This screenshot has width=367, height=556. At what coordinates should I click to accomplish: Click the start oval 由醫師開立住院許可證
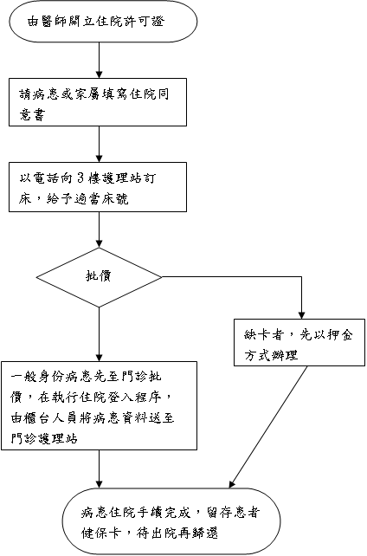coord(103,22)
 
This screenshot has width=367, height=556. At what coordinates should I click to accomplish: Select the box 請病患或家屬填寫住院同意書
coord(98,102)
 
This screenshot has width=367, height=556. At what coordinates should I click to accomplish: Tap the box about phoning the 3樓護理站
coord(98,187)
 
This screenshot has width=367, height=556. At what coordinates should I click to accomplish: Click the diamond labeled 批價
coord(100,277)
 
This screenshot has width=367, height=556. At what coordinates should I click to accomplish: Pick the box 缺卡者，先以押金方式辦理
coord(299,342)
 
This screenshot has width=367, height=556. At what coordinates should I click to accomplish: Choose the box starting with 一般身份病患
coord(100,405)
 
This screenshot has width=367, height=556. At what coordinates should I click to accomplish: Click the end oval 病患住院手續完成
coord(171,521)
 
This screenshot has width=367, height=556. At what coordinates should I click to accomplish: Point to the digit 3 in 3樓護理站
coord(80,178)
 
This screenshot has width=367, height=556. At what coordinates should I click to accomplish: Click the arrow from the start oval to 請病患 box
coord(100,61)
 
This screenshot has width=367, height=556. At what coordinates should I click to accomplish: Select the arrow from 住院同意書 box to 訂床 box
coord(100,145)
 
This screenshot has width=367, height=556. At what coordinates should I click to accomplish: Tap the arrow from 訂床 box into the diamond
coord(100,230)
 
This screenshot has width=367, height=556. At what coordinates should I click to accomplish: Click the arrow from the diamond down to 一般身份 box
coord(100,334)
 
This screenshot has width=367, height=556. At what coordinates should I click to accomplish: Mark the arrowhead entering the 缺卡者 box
coord(301,315)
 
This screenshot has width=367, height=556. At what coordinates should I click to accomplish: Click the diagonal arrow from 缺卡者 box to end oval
coord(268,427)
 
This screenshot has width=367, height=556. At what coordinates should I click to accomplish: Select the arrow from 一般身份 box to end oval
coord(100,469)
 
